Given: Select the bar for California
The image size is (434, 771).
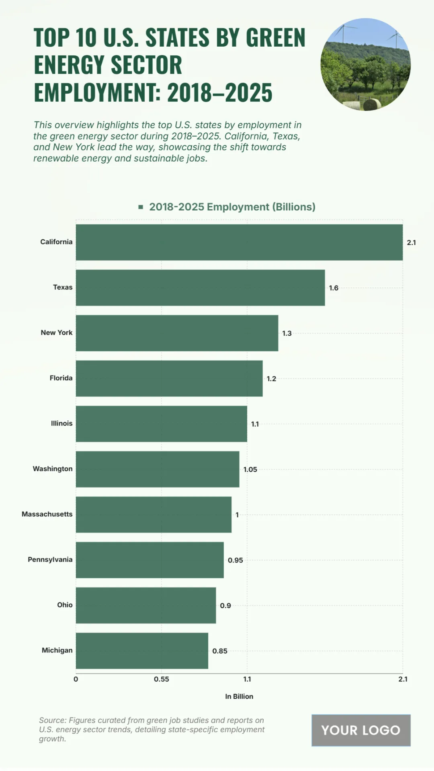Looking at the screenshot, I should pos(239,242).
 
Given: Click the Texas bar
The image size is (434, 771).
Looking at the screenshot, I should pos(200,288).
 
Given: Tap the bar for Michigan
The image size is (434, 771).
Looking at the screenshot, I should pos(142,651).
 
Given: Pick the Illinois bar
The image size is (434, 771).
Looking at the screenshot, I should pos(161,424).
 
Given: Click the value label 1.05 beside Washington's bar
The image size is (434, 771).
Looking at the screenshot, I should pos(250,470).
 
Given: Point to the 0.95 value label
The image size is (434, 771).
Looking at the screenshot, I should pos(235,560).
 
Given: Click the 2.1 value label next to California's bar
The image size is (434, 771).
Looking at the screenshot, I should pos(411,243).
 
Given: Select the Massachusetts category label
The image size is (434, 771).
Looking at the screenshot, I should pos(47,514).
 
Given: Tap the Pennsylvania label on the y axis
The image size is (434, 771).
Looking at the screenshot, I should pos(50,560).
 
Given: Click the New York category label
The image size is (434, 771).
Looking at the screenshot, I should pos(56,333).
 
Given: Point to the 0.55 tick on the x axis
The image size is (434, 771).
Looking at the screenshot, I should pos(161,679).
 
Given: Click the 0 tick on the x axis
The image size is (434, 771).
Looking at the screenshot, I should pos(76,679).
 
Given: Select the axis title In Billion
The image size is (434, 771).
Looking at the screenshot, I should pos(239,697).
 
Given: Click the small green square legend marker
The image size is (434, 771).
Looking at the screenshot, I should pos(141,207).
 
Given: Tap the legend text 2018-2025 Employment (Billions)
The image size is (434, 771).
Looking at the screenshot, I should pos(232,207).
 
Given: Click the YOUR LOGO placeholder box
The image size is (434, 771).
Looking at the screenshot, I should pos(361,730).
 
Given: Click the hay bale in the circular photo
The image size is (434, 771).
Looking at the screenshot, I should pos(371,104).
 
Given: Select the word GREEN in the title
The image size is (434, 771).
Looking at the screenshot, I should pos(276,38).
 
